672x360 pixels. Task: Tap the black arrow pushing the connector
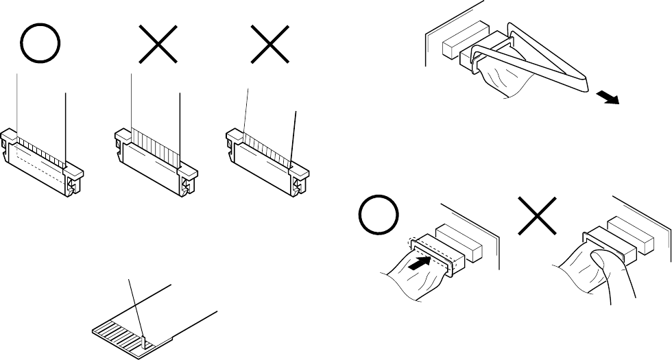pyautogui.click(x=421, y=261)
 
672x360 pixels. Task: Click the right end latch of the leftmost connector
pyautogui.click(x=73, y=184)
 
